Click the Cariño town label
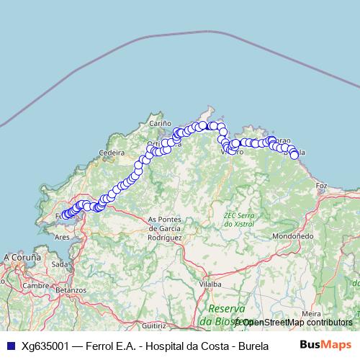click(x=159, y=124)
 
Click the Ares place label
click(x=62, y=236)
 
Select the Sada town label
click(x=59, y=264)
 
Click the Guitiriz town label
click(x=153, y=326)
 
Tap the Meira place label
click(x=312, y=313)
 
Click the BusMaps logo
click(x=321, y=344)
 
